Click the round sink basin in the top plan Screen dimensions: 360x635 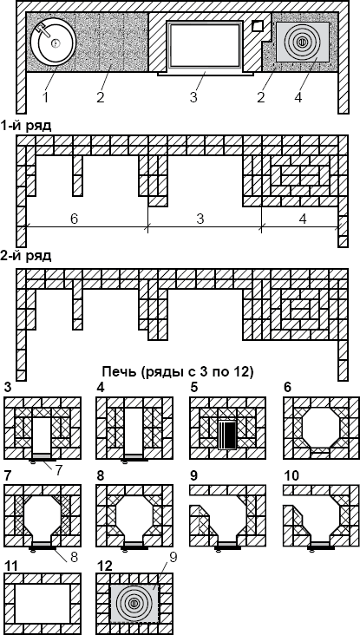53,42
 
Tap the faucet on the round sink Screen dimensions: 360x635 44,30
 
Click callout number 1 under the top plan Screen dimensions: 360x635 45,97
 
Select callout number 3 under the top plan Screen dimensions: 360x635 193,97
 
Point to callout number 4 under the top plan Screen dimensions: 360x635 298,97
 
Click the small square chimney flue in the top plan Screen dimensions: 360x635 258,26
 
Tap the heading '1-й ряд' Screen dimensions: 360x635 26,126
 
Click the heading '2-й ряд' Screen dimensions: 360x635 26,256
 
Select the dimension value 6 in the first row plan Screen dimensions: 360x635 74,219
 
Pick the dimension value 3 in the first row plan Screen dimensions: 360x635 200,219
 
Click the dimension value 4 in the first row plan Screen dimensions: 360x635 303,219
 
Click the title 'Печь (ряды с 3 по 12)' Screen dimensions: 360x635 178,371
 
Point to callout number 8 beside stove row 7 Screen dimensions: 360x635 74,557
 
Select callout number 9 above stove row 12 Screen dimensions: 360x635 173,558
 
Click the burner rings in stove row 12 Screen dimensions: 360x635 133,604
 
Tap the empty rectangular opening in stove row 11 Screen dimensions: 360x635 43,604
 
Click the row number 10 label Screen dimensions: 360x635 291,475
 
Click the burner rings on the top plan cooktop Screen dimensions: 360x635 302,42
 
